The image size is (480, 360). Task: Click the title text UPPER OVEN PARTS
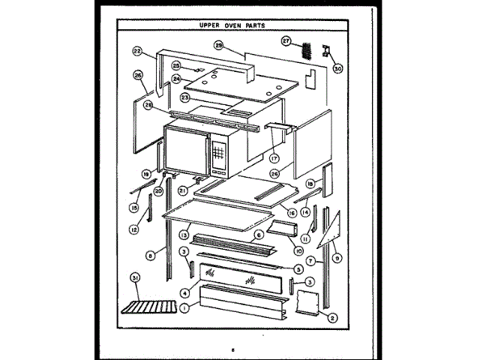tap(237, 25)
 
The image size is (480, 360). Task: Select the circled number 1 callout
tap(183, 306)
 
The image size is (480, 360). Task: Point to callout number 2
tap(333, 317)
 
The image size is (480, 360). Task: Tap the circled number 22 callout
tap(137, 52)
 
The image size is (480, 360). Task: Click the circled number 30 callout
tap(337, 69)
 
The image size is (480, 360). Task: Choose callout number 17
tap(274, 158)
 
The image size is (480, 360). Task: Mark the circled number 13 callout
tap(182, 235)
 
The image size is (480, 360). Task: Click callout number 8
tap(150, 256)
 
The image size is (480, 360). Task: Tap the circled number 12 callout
tap(133, 229)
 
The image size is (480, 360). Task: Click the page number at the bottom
tap(233, 348)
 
